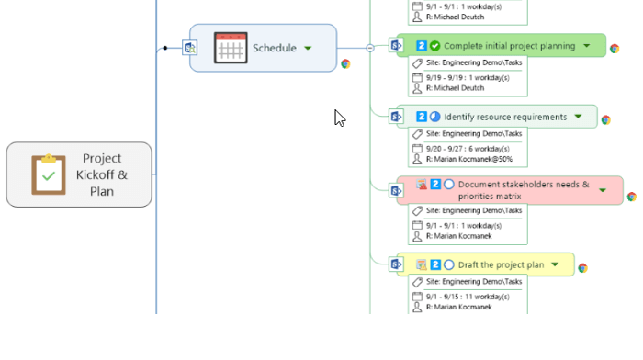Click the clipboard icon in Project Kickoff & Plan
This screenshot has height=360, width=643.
[48, 174]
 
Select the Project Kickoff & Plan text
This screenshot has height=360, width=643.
[102, 174]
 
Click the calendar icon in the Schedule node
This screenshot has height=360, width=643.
[231, 48]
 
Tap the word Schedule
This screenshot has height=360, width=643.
[274, 48]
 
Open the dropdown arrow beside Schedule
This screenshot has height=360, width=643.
[308, 48]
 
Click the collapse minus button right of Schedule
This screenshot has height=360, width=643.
[370, 48]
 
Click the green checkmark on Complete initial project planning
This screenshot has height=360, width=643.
[434, 46]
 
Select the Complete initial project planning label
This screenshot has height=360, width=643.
[509, 46]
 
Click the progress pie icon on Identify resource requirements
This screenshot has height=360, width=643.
[434, 118]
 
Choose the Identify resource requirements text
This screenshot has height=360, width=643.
[505, 118]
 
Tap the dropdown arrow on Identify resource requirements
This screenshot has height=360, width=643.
[578, 117]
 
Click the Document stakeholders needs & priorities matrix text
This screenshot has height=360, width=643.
[523, 190]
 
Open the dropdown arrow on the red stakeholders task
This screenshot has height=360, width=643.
[603, 190]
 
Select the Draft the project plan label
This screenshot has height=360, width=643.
[501, 265]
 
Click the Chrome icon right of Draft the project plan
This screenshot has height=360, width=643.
[582, 268]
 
